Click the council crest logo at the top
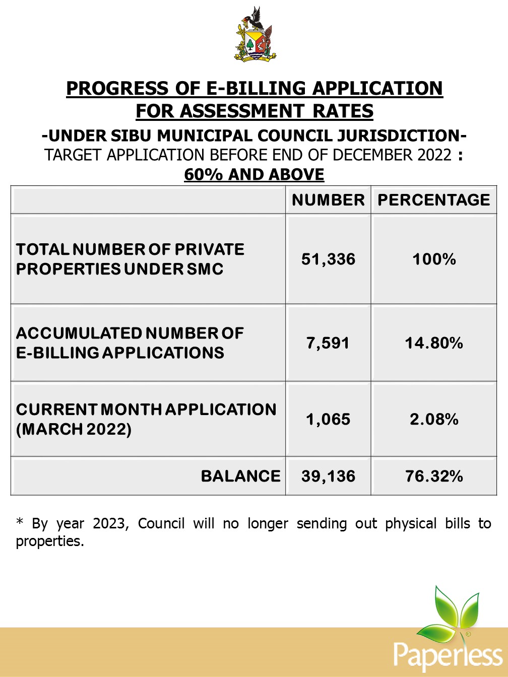(x=256, y=35)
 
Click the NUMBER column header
(x=328, y=200)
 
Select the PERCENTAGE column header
(x=433, y=200)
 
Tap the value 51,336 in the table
(x=328, y=259)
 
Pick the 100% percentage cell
(x=434, y=259)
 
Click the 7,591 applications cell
(x=328, y=344)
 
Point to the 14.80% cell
(x=434, y=344)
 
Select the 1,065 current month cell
(x=328, y=420)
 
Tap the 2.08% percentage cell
(x=434, y=420)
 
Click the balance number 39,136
(x=328, y=477)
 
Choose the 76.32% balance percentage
(x=434, y=477)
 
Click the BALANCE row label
(x=240, y=477)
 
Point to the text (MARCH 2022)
(x=74, y=430)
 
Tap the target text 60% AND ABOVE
(x=254, y=175)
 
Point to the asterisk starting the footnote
(x=20, y=522)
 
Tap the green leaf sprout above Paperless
(x=451, y=612)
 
